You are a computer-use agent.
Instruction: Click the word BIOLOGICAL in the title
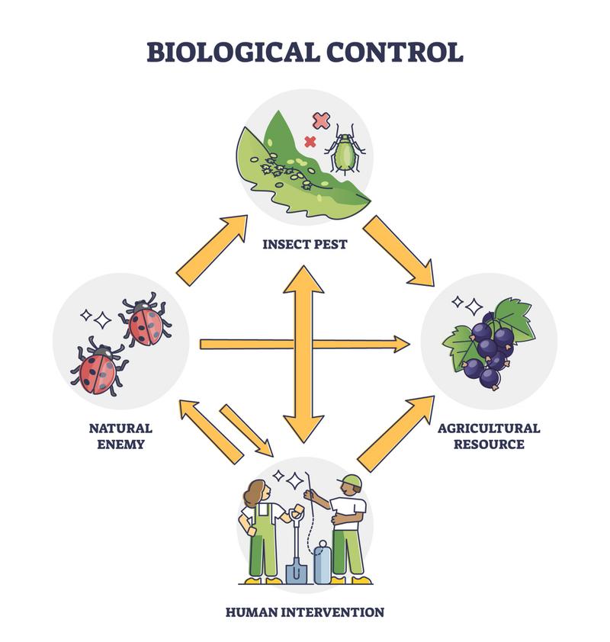tap(233, 52)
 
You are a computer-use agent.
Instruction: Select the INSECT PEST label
tap(304, 245)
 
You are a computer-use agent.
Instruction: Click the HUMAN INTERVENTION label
tap(305, 612)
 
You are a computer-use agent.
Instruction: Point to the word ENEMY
tap(120, 445)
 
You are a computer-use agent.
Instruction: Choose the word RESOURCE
tap(489, 445)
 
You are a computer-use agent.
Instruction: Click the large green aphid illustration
tap(345, 150)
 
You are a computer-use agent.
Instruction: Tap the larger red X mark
tap(321, 120)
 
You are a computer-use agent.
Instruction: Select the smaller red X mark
tap(310, 142)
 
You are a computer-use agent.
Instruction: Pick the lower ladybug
tap(99, 366)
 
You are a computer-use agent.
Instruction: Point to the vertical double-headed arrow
tap(303, 354)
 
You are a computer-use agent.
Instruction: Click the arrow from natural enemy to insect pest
tap(213, 250)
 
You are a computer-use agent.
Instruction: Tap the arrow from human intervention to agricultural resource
tap(396, 434)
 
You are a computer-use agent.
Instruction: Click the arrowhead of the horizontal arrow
tap(402, 345)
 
